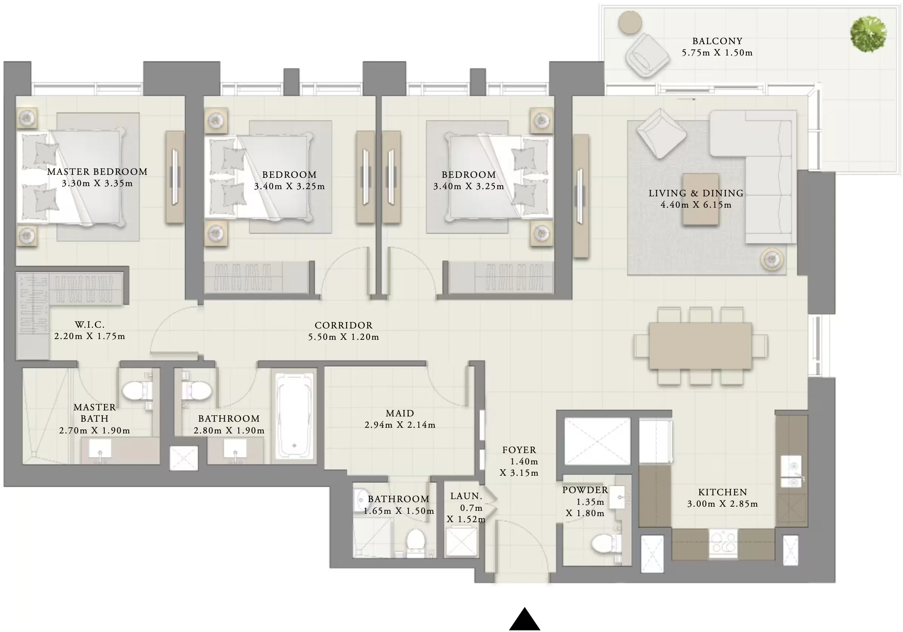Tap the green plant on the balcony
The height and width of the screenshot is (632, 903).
pos(868,34)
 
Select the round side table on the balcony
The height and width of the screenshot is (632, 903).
pos(630,22)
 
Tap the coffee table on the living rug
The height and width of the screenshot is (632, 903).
pos(700,200)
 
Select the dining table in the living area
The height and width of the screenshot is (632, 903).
pos(700,346)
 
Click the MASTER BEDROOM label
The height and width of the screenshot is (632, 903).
pos(97,172)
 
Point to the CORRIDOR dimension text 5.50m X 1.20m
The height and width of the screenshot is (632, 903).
pos(343,337)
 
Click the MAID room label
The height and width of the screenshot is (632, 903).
pos(400,413)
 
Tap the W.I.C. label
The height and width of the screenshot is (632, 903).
pos(90,325)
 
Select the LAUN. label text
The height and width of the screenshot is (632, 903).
pos(466,496)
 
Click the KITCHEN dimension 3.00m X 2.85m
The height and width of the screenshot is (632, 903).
pos(722,504)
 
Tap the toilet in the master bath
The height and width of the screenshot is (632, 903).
pos(135,391)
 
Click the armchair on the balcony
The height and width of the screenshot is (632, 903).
pos(647,55)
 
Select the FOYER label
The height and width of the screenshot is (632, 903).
pos(519,450)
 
